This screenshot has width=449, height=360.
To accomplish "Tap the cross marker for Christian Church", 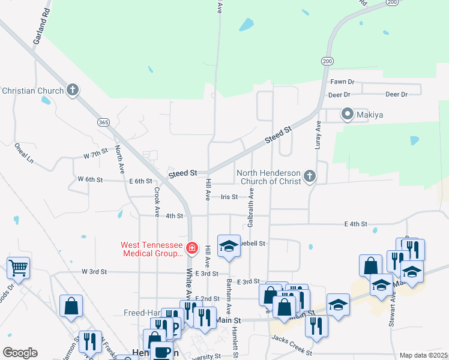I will (73, 91).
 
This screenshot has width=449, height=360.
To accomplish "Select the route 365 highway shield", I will (103, 122).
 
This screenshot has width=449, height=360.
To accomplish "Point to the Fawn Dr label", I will (342, 82).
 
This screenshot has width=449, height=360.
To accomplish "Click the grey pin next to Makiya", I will (347, 113).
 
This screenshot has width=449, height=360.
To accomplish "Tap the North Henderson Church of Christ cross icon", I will (310, 176).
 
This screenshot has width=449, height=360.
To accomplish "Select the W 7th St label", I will (95, 155).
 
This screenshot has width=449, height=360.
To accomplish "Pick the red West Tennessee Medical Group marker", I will (191, 248).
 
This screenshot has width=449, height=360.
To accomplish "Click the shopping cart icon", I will (18, 266).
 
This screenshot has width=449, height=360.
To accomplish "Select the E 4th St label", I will (355, 224).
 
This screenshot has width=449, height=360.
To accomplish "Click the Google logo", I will (20, 353).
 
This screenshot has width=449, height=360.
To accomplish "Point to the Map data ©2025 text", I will (423, 355).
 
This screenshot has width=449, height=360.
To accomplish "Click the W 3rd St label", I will (94, 272).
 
